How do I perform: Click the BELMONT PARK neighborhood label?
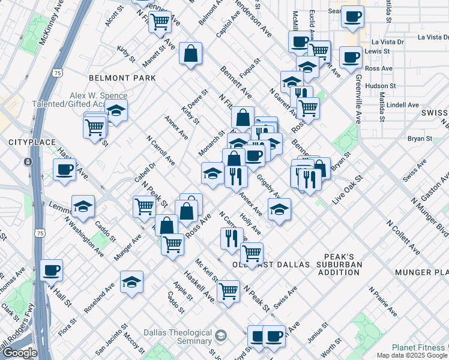point(122,78)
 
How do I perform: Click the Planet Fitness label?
point(420,347)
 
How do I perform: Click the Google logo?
point(20,353)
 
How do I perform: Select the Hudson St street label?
point(380,86)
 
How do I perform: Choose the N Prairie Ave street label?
point(383,302)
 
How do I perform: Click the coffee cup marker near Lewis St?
point(351,58)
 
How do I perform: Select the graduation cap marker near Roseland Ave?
point(131,281)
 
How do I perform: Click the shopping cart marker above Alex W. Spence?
point(160,22)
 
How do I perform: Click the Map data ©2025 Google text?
point(412,355)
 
